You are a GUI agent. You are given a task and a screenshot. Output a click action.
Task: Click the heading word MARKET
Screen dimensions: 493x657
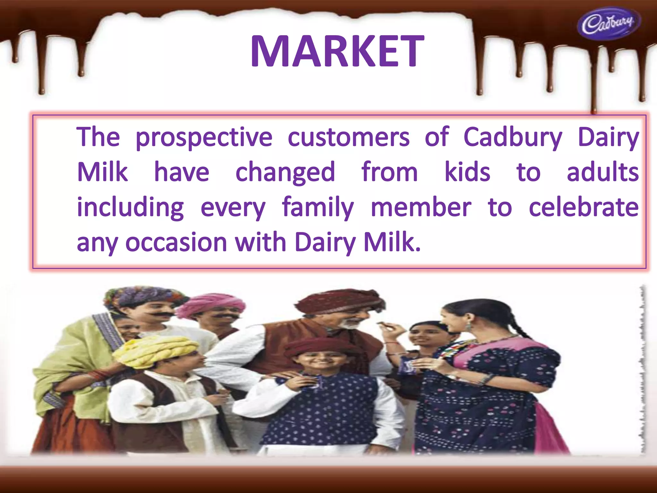click(x=337, y=52)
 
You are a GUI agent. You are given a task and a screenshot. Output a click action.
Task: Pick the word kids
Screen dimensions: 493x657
click(x=467, y=173)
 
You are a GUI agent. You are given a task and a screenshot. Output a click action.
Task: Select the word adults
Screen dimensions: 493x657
click(x=602, y=173)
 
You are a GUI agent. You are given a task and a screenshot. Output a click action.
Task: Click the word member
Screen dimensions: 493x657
click(x=421, y=208)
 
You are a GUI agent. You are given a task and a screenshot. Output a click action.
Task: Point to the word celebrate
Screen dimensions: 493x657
click(x=584, y=208)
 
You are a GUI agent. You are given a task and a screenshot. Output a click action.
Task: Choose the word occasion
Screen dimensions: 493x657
click(x=176, y=243)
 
